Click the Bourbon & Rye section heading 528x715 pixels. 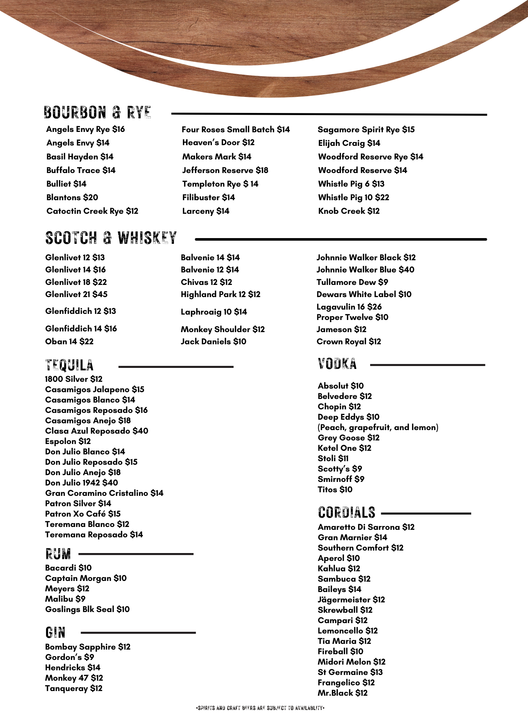(97, 112)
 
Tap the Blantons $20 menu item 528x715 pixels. (72, 197)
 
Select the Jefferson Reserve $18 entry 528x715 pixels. (225, 170)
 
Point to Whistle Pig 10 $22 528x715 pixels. (353, 197)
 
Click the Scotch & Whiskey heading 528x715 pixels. (111, 238)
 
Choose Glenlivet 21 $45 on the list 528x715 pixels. (76, 294)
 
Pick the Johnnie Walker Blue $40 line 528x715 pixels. (365, 270)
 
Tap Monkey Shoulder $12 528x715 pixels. (223, 329)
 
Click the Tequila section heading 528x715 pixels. (69, 365)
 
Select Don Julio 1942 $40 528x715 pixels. (81, 483)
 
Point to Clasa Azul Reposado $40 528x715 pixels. (96, 431)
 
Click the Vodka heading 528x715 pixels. (337, 364)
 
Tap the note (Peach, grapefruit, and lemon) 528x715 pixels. (378, 427)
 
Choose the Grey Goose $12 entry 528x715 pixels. (348, 438)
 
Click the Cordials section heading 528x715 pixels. (347, 513)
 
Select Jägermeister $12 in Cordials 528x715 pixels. (351, 600)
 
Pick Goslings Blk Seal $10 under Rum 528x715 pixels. (87, 609)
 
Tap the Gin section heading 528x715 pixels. (55, 632)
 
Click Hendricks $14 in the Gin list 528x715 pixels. (73, 667)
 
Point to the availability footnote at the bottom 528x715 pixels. (260, 708)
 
